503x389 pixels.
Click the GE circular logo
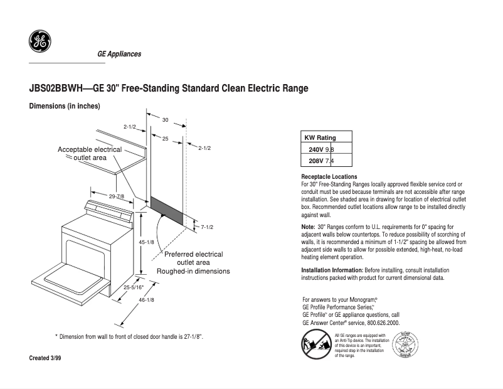[40, 41]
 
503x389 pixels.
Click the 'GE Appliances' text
[119, 54]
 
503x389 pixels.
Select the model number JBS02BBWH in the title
[56, 88]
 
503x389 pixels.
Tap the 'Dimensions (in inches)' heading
[65, 106]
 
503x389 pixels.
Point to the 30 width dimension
[166, 119]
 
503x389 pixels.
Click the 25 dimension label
[166, 138]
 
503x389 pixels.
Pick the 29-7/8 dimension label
[117, 196]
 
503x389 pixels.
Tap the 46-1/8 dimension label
[146, 300]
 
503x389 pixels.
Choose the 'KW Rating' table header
[320, 138]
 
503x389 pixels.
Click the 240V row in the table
[326, 149]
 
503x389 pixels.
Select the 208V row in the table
[326, 161]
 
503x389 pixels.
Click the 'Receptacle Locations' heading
[329, 177]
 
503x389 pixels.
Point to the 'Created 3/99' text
[46, 358]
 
